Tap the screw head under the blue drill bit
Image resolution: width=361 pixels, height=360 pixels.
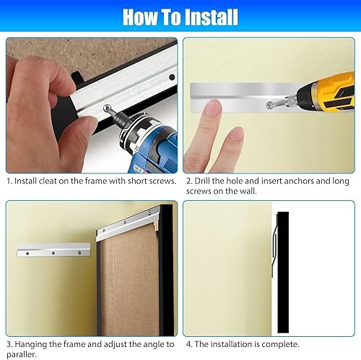(x=106, y=107)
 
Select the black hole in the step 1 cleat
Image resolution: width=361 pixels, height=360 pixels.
(x=172, y=77)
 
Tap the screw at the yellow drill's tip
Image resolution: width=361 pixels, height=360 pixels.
(x=269, y=105)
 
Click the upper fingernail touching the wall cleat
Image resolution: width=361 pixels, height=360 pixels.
(x=213, y=106)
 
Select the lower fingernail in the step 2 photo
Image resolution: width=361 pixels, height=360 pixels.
(x=236, y=134)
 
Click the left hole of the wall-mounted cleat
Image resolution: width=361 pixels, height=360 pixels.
(x=27, y=254)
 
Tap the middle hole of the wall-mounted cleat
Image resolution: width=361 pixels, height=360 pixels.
(x=53, y=253)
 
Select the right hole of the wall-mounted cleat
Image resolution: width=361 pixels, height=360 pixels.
(x=79, y=252)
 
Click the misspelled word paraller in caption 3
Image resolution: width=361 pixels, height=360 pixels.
(x=22, y=354)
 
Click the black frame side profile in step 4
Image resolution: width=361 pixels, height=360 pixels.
(x=283, y=273)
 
